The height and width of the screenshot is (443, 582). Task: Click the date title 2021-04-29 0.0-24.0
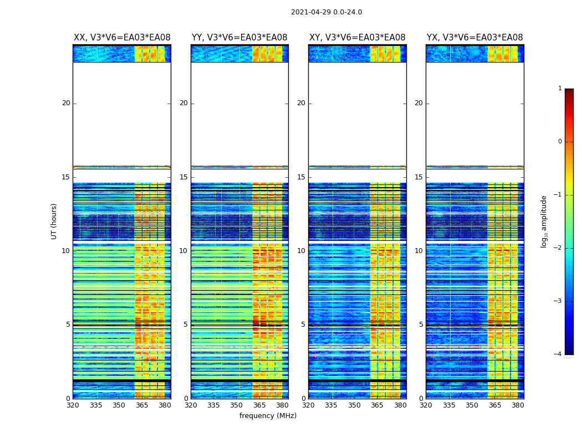[326, 12]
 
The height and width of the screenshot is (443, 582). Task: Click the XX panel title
[122, 38]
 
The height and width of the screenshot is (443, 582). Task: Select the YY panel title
[239, 38]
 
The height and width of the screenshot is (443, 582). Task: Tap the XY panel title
[357, 38]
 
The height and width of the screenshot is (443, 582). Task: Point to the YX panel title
[474, 38]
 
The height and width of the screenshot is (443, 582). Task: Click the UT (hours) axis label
[54, 221]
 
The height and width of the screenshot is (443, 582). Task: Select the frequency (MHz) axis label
[268, 416]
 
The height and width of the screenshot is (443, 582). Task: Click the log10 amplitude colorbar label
[544, 221]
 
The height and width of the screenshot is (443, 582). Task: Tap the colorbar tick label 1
[560, 89]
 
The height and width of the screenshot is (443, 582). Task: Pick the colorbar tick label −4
[558, 354]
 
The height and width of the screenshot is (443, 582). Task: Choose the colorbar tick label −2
[558, 248]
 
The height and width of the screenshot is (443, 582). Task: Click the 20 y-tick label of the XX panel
[66, 103]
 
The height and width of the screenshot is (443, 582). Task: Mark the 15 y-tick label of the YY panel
[183, 177]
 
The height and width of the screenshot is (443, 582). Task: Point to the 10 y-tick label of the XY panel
[301, 251]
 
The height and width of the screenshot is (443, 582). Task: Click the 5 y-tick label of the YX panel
[421, 324]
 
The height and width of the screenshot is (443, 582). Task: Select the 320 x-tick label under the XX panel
[73, 405]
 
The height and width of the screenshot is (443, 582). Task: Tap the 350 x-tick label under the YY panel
[237, 405]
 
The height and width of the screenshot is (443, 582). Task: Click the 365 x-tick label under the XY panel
[377, 405]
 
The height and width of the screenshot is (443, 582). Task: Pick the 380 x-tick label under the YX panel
[518, 405]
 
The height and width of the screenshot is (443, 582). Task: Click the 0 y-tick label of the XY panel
[303, 399]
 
